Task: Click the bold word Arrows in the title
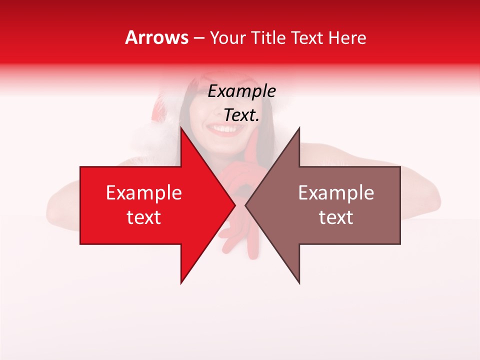[157, 37]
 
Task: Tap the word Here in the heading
[347, 38]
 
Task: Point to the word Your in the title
[227, 38]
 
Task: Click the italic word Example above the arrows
[241, 91]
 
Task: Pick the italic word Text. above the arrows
[241, 115]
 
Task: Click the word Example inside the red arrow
[143, 193]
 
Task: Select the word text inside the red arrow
[143, 217]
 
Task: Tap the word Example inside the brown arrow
[336, 193]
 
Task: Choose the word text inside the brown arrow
[336, 217]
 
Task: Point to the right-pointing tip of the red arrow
[234, 205]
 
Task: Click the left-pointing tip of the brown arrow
[246, 205]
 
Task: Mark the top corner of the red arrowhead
[181, 128]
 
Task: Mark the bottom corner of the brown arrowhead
[299, 283]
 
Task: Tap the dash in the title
[198, 38]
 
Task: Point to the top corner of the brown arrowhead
[299, 128]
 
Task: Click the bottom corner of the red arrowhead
[181, 283]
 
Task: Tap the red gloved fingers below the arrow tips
[232, 240]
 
